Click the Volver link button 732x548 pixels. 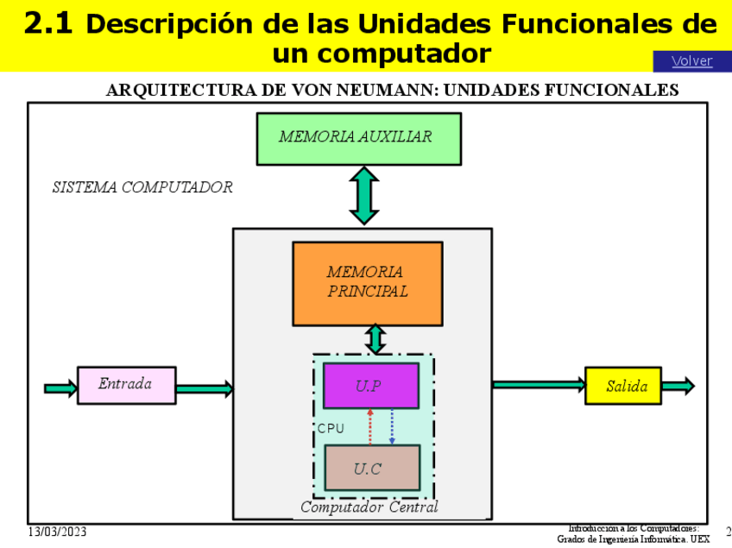691,60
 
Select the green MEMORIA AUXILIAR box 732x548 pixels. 358,138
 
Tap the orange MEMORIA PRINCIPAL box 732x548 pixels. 368,283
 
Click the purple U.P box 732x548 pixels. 370,386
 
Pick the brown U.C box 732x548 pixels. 371,468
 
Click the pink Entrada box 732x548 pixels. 126,385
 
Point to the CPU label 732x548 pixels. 331,428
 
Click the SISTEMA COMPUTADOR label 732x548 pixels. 142,187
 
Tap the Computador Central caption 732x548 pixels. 369,507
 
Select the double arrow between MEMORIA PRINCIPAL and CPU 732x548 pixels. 375,338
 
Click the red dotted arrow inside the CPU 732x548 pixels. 369,427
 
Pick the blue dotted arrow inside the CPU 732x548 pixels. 393,427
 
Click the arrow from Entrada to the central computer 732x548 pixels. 205,389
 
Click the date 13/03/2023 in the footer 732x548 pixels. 57,532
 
